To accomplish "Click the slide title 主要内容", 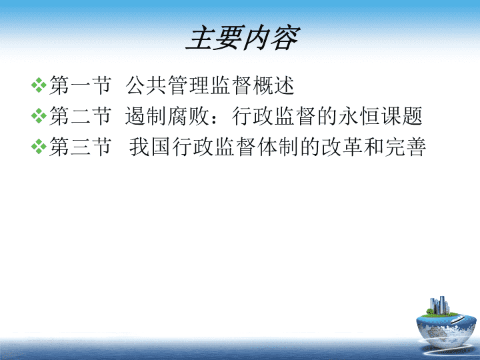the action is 243,37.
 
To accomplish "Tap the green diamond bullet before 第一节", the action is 39,85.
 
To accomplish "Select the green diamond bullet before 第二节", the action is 39,116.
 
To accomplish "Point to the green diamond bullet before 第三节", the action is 39,146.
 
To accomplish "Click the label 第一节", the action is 80,85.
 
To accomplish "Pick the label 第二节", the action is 80,116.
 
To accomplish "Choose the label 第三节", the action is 80,147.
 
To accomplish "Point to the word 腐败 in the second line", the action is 189,116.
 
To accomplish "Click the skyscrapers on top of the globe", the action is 439,305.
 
